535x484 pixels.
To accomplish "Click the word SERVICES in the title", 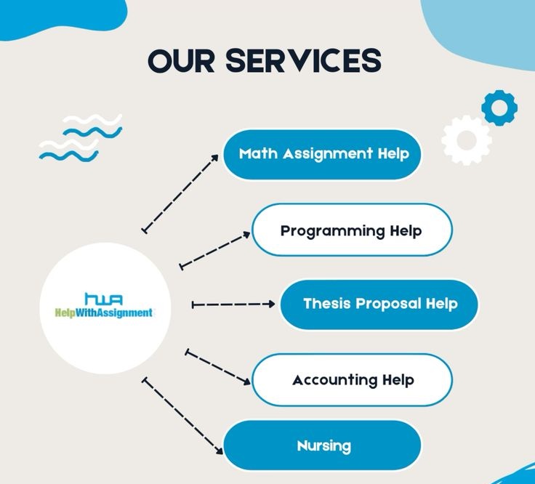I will (302, 60).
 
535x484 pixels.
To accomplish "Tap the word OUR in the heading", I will (182, 60).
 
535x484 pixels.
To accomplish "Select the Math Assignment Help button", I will (322, 154).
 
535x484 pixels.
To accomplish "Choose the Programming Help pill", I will (351, 230).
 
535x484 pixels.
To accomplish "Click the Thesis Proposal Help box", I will (379, 304).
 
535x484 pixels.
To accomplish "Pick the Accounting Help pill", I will (353, 380).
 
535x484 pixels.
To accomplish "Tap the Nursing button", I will (322, 445).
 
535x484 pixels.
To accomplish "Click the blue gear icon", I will (499, 108).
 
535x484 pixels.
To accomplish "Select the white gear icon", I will (466, 140).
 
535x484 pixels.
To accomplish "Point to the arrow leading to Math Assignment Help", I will (180, 193).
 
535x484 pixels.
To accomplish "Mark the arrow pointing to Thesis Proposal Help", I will (233, 304).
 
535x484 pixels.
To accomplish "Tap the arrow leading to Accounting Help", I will (218, 367).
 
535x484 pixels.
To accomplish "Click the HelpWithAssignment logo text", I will (104, 313).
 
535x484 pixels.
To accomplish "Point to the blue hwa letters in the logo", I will (104, 299).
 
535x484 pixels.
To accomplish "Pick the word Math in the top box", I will (258, 154).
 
